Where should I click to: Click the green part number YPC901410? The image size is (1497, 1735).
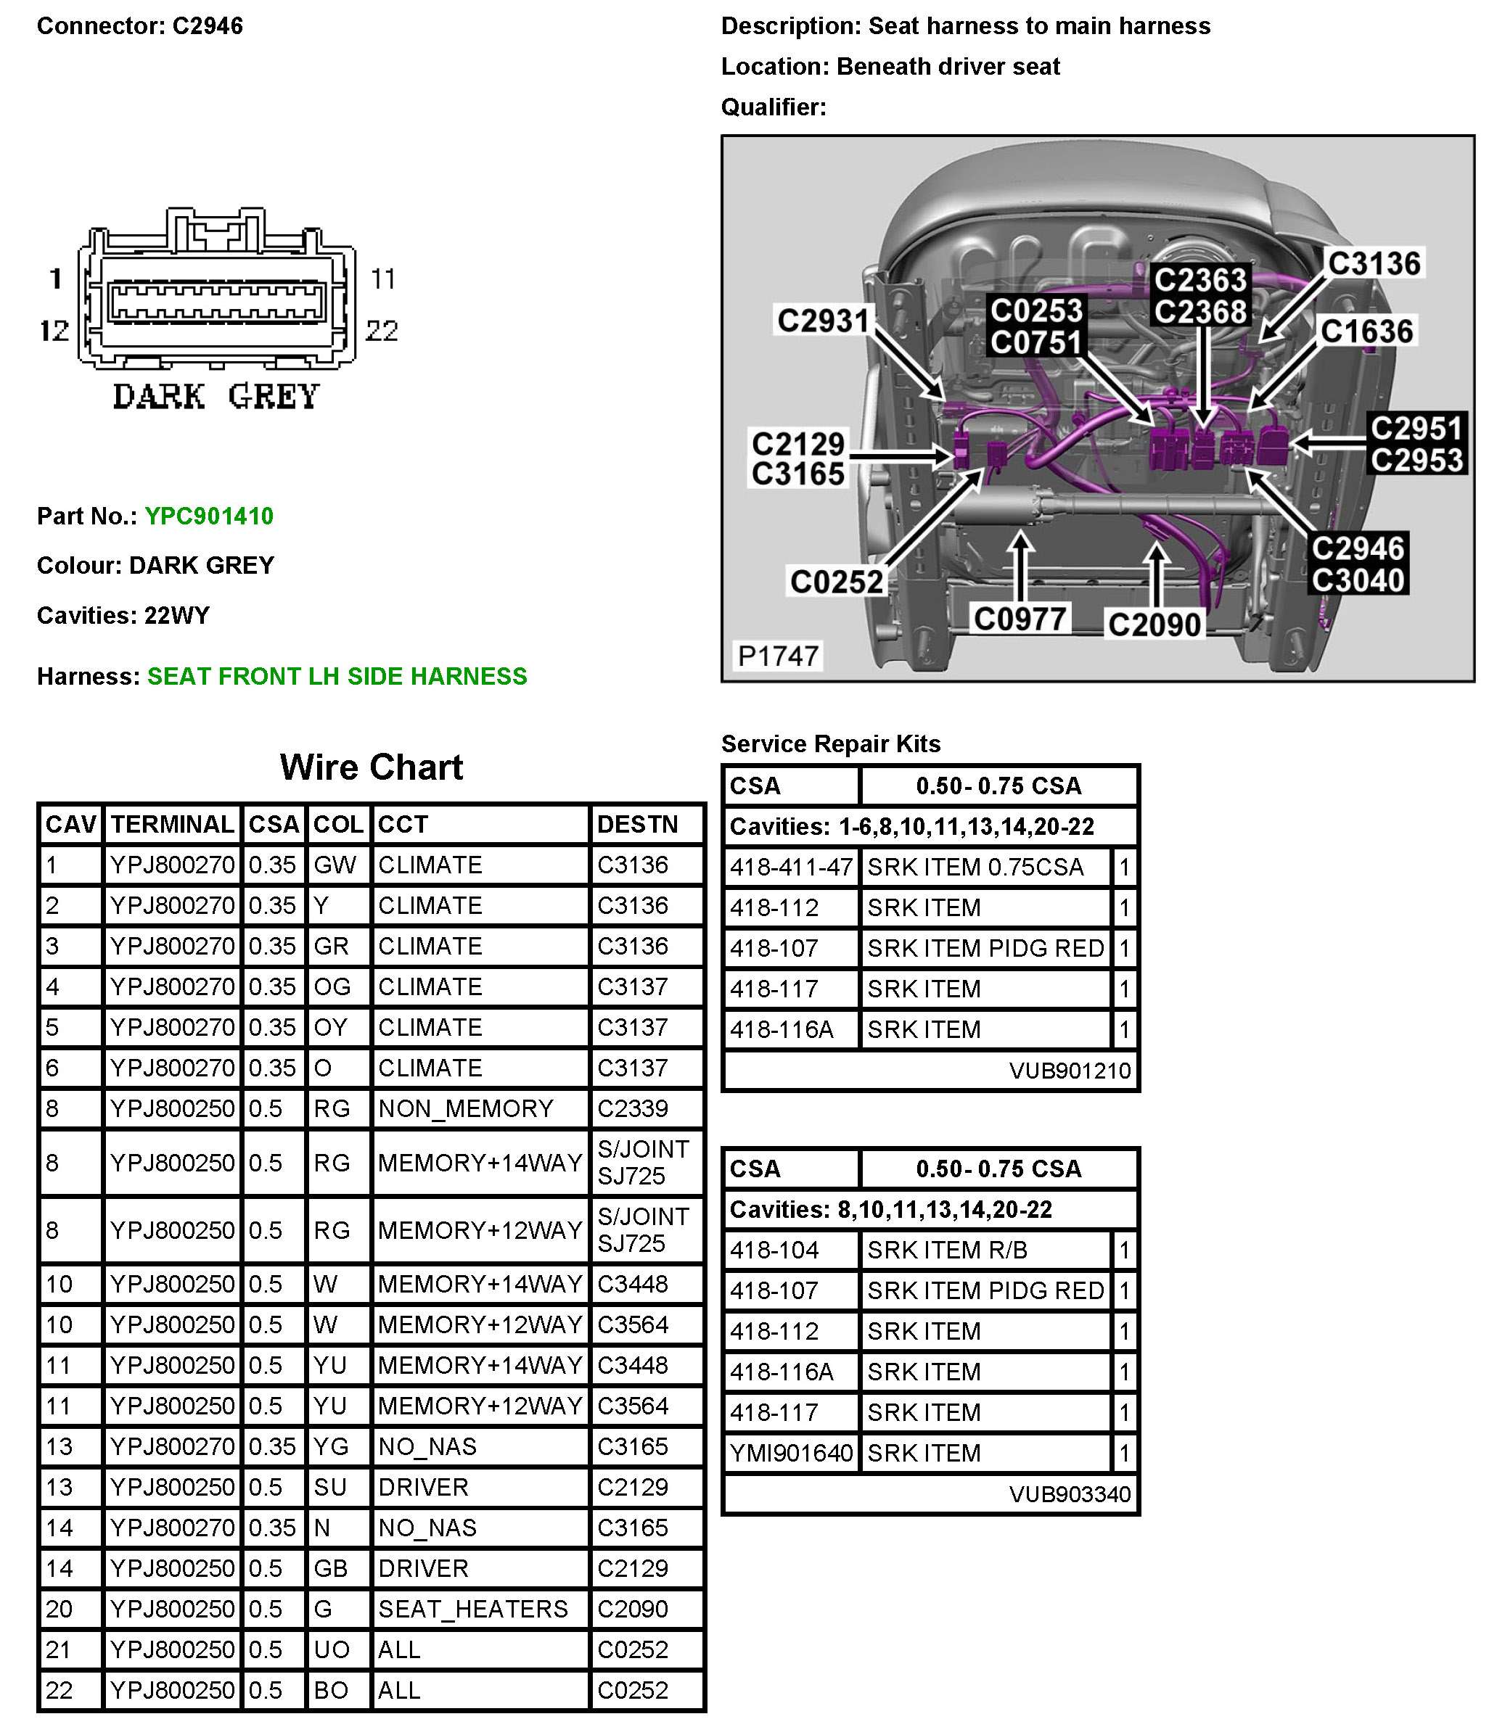pyautogui.click(x=208, y=516)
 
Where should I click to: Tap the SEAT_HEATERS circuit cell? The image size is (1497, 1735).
pyautogui.click(x=472, y=1609)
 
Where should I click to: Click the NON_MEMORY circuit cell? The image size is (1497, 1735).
pyautogui.click(x=465, y=1108)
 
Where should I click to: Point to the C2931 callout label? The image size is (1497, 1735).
pyautogui.click(x=823, y=320)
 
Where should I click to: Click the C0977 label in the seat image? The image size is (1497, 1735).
pyautogui.click(x=1020, y=619)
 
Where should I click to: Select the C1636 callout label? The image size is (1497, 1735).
pyautogui.click(x=1367, y=331)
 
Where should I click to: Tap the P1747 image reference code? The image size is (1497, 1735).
pyautogui.click(x=777, y=656)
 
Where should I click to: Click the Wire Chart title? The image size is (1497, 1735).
pyautogui.click(x=371, y=767)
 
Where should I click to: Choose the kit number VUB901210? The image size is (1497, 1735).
pyautogui.click(x=1070, y=1070)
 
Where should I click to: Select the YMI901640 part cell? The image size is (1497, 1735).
pyautogui.click(x=791, y=1453)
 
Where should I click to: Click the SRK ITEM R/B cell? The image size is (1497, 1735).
pyautogui.click(x=947, y=1249)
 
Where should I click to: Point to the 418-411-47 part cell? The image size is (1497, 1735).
pyautogui.click(x=791, y=867)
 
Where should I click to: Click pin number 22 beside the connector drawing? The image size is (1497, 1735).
pyautogui.click(x=382, y=330)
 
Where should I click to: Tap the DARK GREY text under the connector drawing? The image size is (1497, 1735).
pyautogui.click(x=216, y=396)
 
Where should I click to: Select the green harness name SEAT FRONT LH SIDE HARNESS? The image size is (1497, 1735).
pyautogui.click(x=337, y=676)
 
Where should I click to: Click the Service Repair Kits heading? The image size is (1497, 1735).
pyautogui.click(x=830, y=743)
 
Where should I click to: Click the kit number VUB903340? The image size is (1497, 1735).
pyautogui.click(x=1070, y=1494)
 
